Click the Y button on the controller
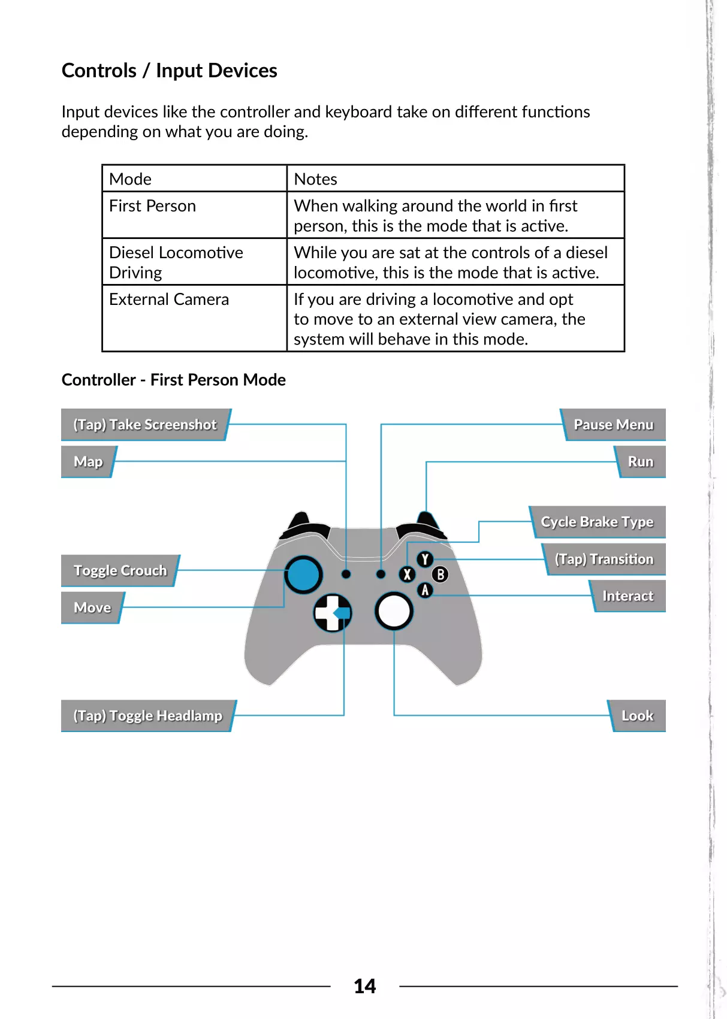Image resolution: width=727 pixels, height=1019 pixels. click(425, 560)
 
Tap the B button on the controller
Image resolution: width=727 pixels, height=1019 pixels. click(440, 574)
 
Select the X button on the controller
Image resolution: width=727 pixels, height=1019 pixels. click(407, 574)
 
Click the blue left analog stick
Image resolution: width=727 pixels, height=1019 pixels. click(303, 574)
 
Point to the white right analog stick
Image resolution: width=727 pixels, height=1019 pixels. click(394, 612)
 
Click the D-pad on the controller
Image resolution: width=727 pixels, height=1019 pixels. click(333, 613)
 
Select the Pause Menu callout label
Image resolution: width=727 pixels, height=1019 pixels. click(613, 425)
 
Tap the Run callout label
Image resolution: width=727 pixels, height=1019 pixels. click(640, 462)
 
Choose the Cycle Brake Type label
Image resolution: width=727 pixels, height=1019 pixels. click(597, 522)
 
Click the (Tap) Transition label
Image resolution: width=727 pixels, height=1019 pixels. click(604, 559)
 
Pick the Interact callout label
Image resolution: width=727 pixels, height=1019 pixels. click(628, 596)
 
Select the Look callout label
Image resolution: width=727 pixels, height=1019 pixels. click(637, 716)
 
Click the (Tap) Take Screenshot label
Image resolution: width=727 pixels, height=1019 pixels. click(144, 425)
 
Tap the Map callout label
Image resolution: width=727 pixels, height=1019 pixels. click(88, 462)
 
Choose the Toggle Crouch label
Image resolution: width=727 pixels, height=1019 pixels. click(120, 570)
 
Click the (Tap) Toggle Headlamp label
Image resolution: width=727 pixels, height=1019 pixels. click(147, 716)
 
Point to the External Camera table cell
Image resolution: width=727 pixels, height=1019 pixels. click(169, 300)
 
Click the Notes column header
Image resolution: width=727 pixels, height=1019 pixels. click(315, 179)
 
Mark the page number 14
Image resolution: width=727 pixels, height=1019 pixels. click(364, 986)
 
